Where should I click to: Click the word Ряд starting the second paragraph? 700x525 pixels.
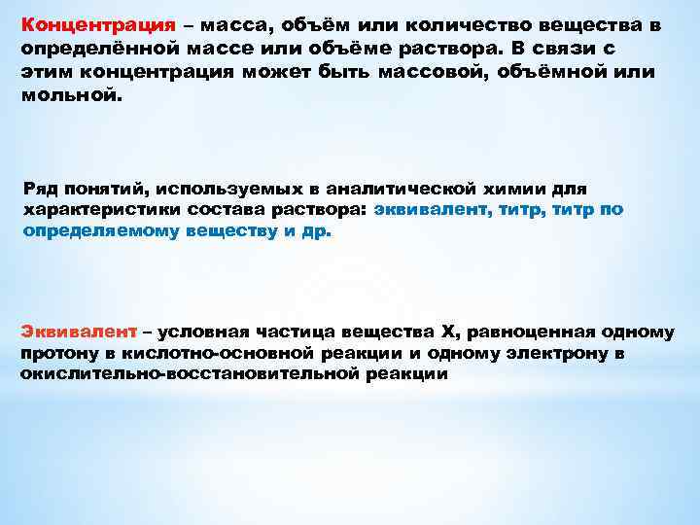click(x=38, y=187)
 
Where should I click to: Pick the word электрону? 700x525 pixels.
click(x=558, y=353)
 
